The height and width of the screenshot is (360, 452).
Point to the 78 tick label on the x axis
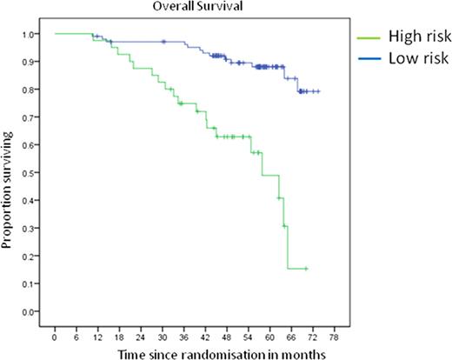(335, 330)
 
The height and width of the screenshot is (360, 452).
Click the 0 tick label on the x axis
(54, 330)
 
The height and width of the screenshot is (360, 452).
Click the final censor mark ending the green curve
(306, 269)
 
